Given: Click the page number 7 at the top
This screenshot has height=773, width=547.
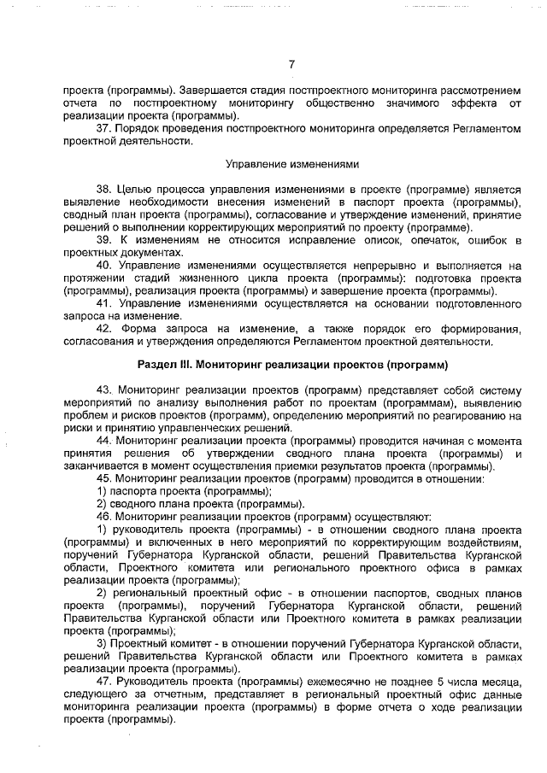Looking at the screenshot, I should point(291,64).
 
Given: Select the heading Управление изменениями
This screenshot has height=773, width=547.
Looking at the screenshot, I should point(291,163).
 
